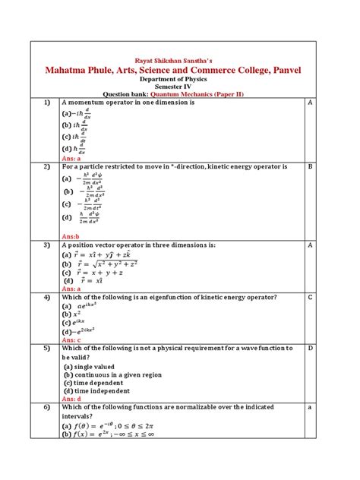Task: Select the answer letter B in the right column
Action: click(x=310, y=165)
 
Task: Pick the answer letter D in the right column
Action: click(x=310, y=349)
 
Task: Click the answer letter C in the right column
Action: click(x=310, y=297)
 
